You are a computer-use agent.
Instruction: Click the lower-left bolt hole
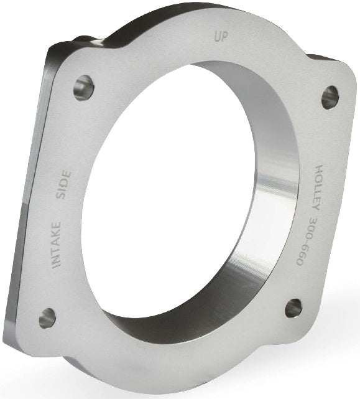(x=47, y=318)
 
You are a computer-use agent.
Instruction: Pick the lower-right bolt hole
(x=293, y=307)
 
